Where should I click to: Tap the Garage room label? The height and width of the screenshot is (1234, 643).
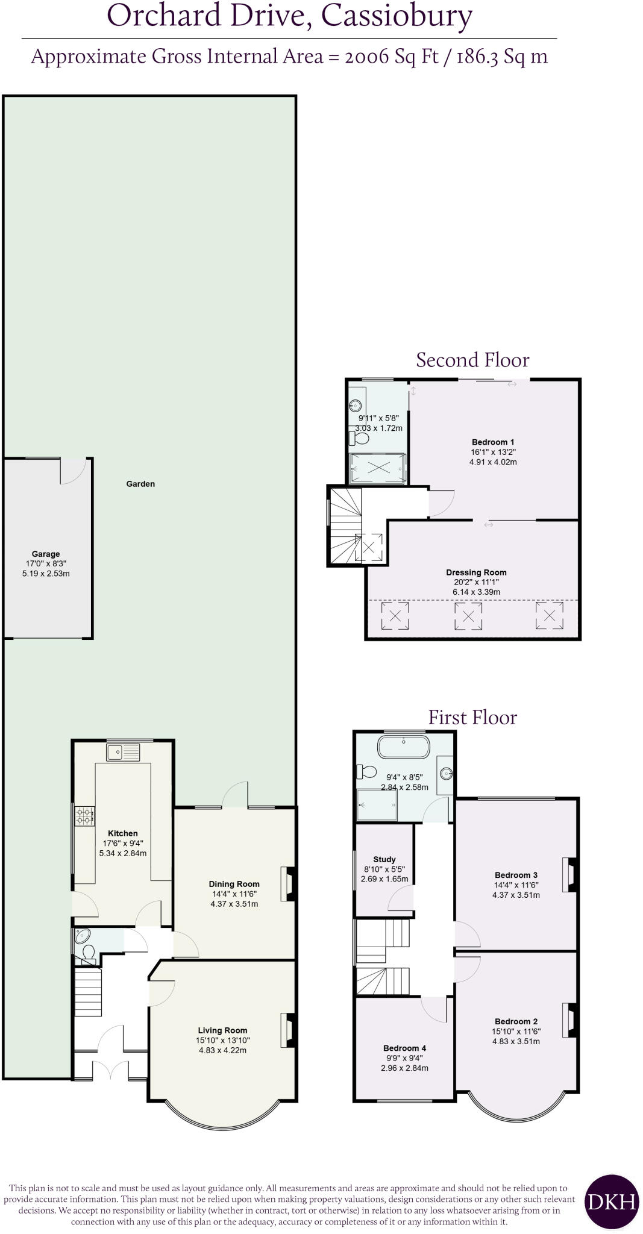[46, 554]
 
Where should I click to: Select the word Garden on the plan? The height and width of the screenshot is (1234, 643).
[140, 484]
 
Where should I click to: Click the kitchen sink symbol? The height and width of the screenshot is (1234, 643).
[123, 751]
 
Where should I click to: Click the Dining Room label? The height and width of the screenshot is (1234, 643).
[234, 885]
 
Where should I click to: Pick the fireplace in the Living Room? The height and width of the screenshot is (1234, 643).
[288, 1030]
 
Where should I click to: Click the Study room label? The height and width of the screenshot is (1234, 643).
[384, 859]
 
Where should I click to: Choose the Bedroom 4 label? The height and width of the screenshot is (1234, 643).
[404, 1048]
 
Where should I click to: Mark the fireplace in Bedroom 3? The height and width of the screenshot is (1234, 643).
[570, 874]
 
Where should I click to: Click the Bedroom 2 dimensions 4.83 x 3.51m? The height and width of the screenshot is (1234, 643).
[516, 1041]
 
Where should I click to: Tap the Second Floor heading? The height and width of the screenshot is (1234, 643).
[472, 360]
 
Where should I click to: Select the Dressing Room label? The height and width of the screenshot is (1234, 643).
[476, 572]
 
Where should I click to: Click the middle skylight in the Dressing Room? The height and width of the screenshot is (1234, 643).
[468, 616]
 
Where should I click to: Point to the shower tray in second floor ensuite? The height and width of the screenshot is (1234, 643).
[378, 468]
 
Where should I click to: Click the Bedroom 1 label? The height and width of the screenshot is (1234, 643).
[493, 442]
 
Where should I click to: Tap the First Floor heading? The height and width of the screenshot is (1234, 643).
[472, 717]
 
